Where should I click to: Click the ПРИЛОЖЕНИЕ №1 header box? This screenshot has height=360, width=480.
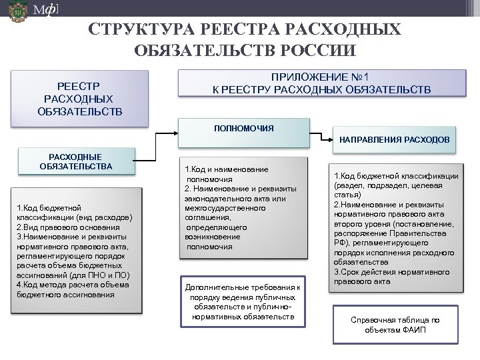tap(322, 83)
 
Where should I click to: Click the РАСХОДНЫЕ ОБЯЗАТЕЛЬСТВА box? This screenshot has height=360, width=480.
tap(76, 161)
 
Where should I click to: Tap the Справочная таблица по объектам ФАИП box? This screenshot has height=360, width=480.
tap(395, 325)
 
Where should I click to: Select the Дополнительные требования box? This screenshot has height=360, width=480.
tap(243, 302)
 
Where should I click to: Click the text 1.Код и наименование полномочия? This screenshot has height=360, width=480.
tap(227, 175)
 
